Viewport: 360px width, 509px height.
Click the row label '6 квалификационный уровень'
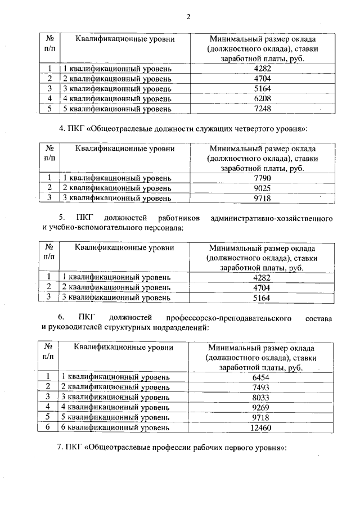click(115, 427)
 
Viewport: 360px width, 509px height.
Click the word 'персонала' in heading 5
click(164, 228)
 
